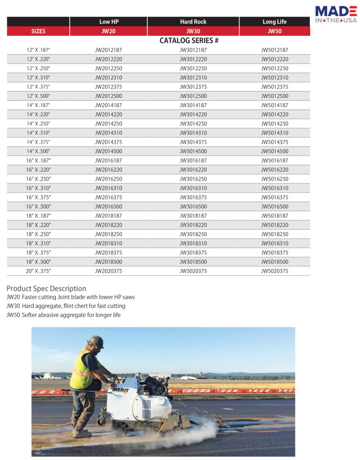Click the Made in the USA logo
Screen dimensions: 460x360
pos(336,14)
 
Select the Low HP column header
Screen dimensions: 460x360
pos(108,22)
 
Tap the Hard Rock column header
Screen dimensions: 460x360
pos(193,22)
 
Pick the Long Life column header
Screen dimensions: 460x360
pos(275,22)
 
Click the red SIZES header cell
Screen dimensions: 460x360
pos(38,31)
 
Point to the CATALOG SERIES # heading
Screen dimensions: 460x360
pos(189,40)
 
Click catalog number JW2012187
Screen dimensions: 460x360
pos(108,50)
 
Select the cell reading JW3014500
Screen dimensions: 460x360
pos(193,151)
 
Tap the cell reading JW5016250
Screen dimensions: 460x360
pos(275,179)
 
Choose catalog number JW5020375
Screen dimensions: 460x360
pos(275,271)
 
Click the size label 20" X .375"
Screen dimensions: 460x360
pos(38,271)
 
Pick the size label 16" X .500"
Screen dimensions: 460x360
pos(38,207)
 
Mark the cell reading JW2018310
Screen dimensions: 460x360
pos(108,243)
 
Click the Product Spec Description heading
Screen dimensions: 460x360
pos(46,288)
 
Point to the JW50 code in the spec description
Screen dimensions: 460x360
pos(13,315)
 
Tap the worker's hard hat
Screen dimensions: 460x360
pos(96,341)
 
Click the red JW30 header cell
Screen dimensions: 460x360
pos(193,31)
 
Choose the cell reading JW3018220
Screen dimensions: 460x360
pos(193,225)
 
